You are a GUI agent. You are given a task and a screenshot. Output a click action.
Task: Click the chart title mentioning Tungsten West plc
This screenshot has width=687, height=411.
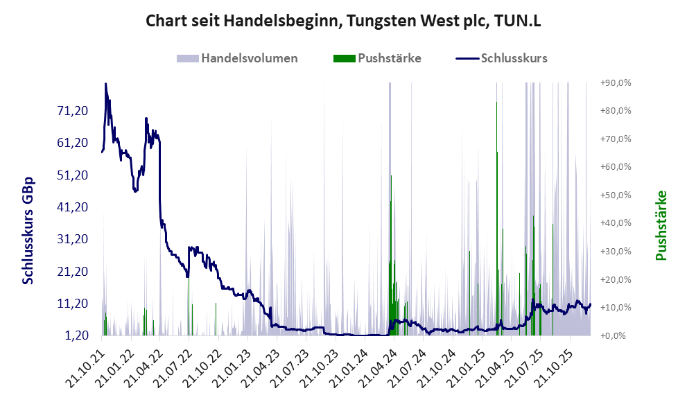coord(343,21)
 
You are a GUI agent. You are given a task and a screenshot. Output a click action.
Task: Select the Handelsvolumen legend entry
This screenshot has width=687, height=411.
coord(238,58)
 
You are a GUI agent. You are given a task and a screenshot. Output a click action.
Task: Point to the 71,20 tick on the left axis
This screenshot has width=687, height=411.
coord(71,111)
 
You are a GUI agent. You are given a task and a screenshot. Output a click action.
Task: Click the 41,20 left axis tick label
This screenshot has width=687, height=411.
coord(71,207)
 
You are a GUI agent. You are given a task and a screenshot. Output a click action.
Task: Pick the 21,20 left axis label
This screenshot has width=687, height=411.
coord(71,271)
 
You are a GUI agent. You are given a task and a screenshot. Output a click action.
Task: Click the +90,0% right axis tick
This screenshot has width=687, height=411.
coord(616,82)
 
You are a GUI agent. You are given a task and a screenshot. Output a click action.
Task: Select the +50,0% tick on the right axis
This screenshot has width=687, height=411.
coord(616,195)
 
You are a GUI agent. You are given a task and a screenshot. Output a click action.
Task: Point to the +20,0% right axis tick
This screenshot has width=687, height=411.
coord(616,279)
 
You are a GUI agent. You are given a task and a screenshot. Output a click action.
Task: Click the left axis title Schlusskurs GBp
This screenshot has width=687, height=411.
coord(28,230)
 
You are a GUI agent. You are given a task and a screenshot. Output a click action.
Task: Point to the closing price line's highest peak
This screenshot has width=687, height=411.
coord(105,84)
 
